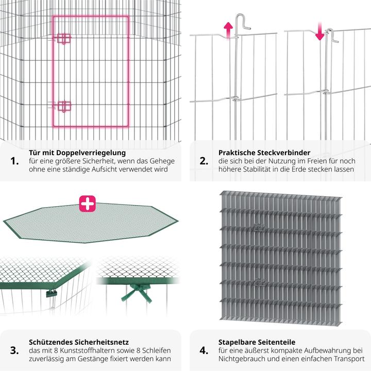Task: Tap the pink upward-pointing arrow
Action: [x=227, y=30]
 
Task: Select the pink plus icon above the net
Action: [x=88, y=203]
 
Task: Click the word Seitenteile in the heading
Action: [x=277, y=342]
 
